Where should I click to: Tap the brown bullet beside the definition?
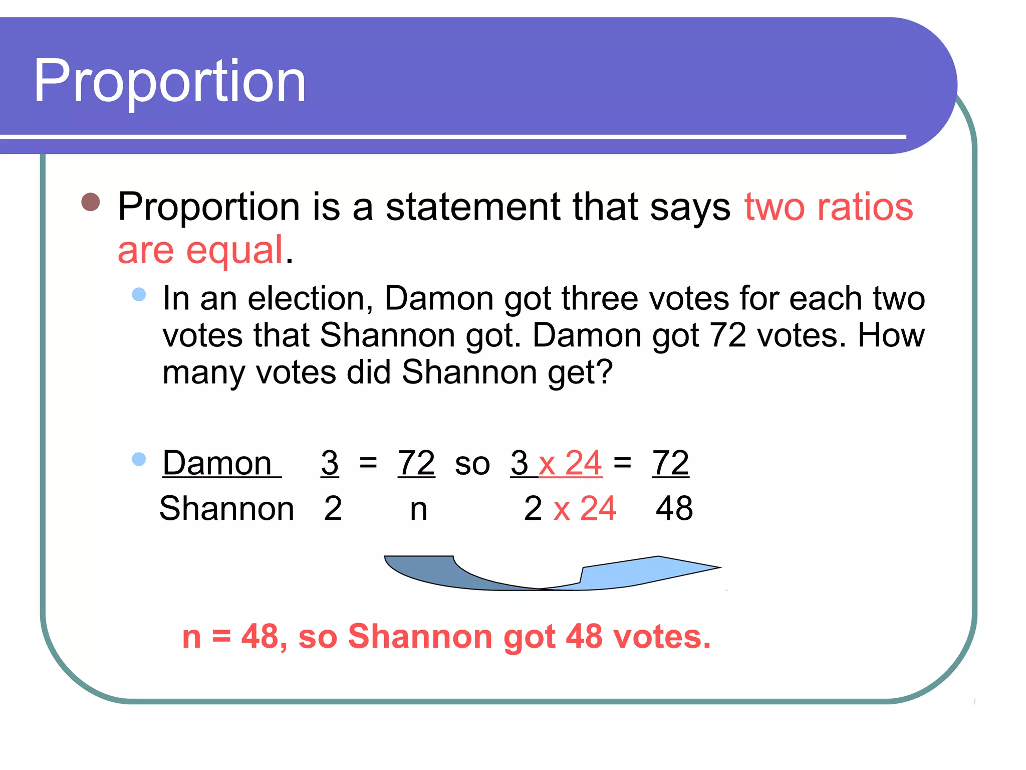[x=91, y=203]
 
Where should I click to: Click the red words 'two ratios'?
[x=829, y=207]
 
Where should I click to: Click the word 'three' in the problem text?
[x=596, y=299]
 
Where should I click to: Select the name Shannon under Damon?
[x=226, y=508]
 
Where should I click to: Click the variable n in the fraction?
[x=418, y=509]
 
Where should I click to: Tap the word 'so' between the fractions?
[x=472, y=464]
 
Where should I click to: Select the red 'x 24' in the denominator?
[x=585, y=508]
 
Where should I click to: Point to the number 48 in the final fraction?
[x=674, y=508]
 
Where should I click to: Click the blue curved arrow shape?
[x=551, y=574]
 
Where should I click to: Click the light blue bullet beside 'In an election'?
[x=139, y=294]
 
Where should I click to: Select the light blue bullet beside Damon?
[x=139, y=459]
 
